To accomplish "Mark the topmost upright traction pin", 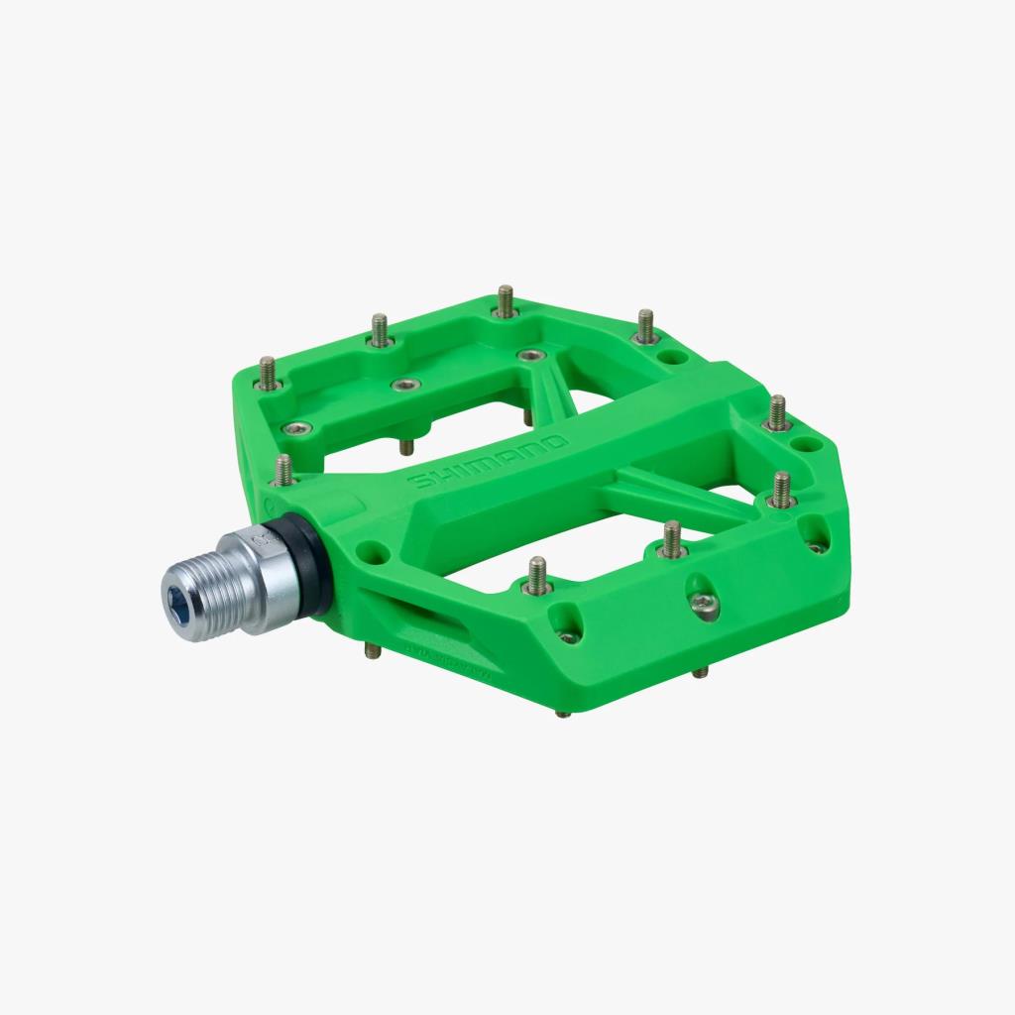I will [506, 300].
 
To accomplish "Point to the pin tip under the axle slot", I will [371, 651].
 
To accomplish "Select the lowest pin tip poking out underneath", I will [563, 710].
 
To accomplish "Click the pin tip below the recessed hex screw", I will [700, 672].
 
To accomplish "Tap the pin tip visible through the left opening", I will [406, 447].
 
